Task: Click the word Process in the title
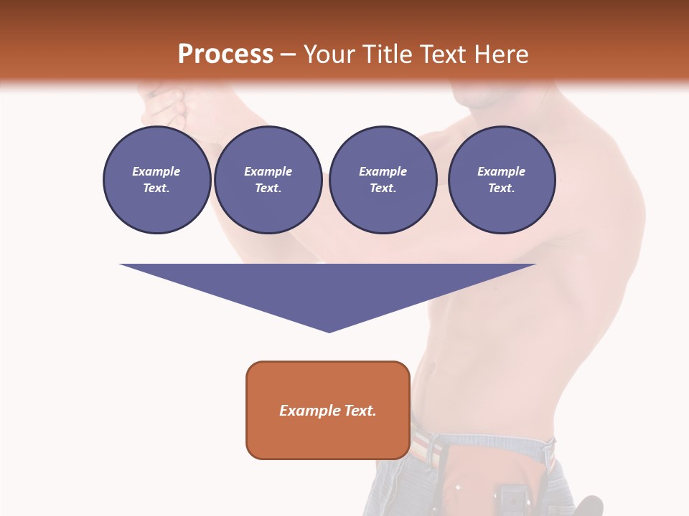click(x=225, y=54)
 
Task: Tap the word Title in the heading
click(x=389, y=54)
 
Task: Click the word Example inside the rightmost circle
click(x=501, y=171)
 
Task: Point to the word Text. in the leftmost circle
click(x=156, y=188)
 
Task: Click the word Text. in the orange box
click(x=360, y=411)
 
